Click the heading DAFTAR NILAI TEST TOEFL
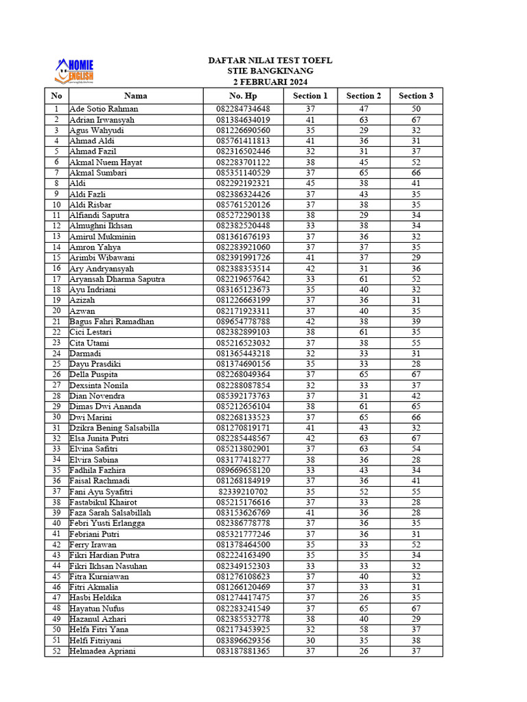(270, 60)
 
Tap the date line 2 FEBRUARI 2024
(270, 82)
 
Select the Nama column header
(135, 96)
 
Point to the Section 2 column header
(364, 96)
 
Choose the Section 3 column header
(416, 96)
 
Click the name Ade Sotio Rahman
(104, 109)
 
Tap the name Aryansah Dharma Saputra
(117, 279)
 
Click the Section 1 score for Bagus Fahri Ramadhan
(310, 322)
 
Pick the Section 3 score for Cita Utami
(416, 343)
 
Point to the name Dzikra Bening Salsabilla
(115, 428)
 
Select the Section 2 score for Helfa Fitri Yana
(364, 629)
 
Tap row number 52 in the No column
(56, 651)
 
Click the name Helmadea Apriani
(103, 651)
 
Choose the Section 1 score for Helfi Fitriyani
(310, 640)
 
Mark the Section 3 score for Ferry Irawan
(416, 544)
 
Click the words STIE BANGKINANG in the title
(270, 71)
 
